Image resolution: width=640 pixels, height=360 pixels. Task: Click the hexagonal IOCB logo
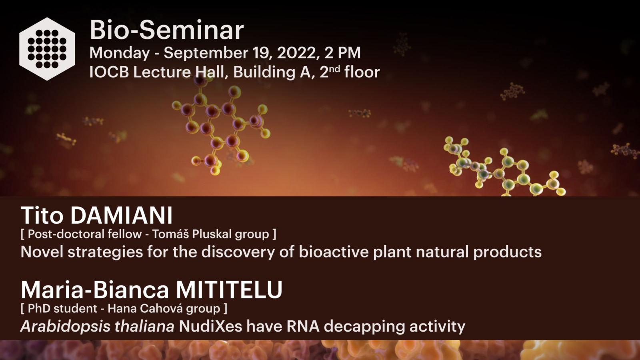(47, 49)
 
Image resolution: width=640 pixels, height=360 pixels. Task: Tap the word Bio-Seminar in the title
(167, 30)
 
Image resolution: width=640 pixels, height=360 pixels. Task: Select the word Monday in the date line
(120, 53)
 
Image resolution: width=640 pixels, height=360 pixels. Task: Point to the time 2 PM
(342, 53)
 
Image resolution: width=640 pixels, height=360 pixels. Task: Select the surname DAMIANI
(122, 216)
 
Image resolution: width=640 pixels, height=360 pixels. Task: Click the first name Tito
(42, 216)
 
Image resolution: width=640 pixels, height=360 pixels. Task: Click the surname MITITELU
(229, 290)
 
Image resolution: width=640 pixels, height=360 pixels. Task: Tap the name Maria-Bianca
(95, 290)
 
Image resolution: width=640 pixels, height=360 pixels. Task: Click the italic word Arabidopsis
(66, 326)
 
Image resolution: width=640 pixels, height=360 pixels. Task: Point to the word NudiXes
(210, 326)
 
